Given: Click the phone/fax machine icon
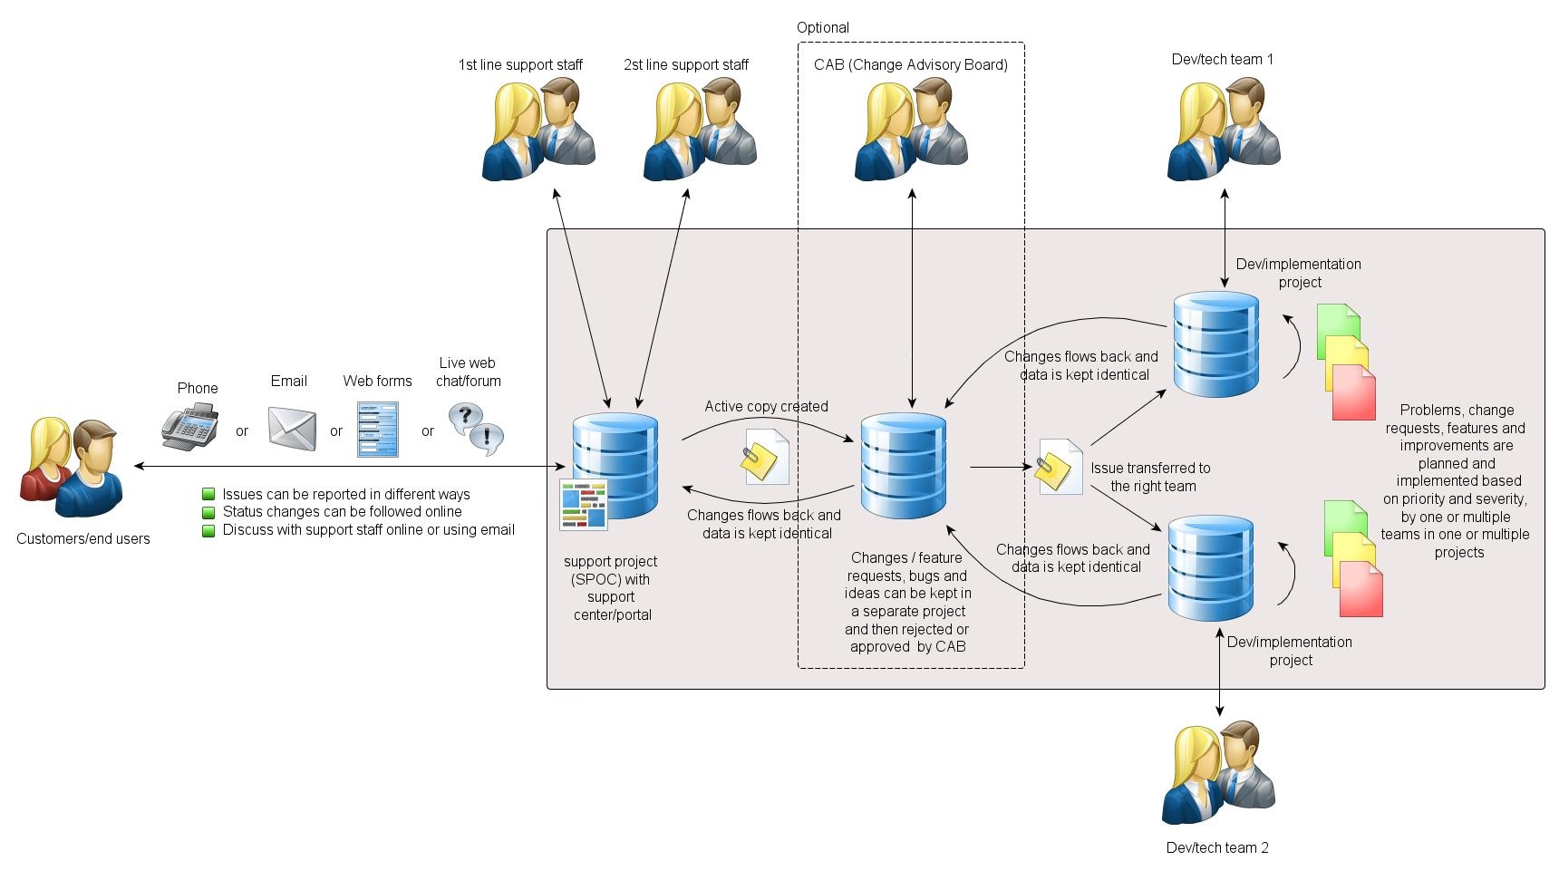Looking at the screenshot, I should (190, 428).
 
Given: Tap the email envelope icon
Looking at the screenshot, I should (292, 428).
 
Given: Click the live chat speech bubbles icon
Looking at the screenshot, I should (476, 429).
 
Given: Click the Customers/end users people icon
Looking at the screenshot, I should (72, 468).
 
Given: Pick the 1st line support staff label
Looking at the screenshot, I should (519, 64).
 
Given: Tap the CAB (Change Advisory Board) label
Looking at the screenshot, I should (910, 64).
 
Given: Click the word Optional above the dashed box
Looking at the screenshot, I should (822, 27).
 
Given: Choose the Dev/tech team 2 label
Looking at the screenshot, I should (1216, 847).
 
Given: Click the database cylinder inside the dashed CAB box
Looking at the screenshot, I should (903, 466).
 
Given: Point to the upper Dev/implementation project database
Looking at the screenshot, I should (1215, 344).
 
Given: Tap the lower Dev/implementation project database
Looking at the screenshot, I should (1210, 568).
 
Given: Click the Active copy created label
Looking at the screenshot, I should (766, 406).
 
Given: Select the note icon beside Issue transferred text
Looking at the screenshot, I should (1059, 468).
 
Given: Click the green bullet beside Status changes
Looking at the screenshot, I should (208, 512).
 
